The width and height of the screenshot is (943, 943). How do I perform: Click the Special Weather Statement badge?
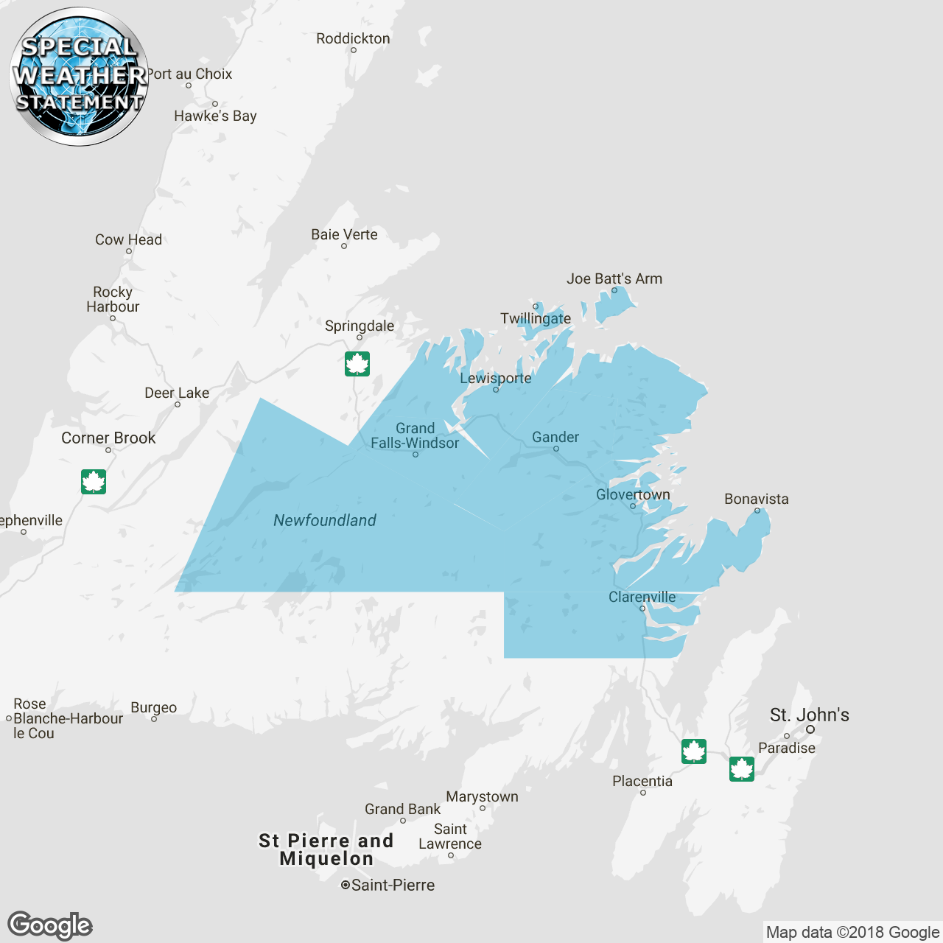[x=79, y=77]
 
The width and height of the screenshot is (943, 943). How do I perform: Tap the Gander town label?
[x=555, y=438]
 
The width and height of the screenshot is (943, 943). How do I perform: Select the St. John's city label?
[x=809, y=715]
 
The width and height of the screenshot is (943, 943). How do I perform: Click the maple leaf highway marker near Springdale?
[x=357, y=364]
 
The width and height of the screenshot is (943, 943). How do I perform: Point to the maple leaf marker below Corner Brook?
[x=94, y=482]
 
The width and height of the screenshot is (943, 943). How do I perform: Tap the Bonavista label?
[x=756, y=499]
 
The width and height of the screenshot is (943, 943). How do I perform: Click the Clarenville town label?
[x=642, y=597]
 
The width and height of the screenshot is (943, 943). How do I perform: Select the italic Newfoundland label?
[x=325, y=521]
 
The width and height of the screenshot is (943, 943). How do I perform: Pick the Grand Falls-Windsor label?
[x=415, y=435]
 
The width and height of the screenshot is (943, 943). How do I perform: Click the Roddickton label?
[x=353, y=38]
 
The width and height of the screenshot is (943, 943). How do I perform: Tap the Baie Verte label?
[x=344, y=234]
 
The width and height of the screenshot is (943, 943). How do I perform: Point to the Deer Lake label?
[x=177, y=393]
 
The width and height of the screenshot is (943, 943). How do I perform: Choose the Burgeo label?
[x=153, y=707]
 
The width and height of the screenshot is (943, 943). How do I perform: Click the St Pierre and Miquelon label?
[x=326, y=849]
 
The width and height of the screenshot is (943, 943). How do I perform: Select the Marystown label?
[x=482, y=796]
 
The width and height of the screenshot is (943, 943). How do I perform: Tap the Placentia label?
[x=642, y=781]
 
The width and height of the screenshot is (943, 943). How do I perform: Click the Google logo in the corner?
[x=50, y=926]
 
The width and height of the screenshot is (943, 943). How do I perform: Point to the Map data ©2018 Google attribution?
[x=852, y=933]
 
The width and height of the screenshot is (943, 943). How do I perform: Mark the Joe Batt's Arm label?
[x=614, y=278]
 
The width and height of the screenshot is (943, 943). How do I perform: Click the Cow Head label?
[x=128, y=239]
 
